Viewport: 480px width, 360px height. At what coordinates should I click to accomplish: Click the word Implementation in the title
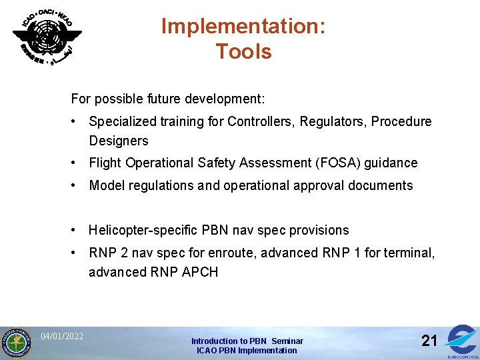click(x=243, y=26)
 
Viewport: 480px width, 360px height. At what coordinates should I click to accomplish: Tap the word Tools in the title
click(x=243, y=51)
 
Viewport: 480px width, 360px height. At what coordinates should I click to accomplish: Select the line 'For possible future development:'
click(x=168, y=99)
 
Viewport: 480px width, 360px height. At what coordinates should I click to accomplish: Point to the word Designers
click(x=119, y=141)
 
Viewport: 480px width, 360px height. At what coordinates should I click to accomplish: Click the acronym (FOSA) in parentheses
click(x=345, y=163)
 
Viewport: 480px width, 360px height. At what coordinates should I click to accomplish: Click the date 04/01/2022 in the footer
click(x=62, y=336)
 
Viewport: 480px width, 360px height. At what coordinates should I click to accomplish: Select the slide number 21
click(x=429, y=341)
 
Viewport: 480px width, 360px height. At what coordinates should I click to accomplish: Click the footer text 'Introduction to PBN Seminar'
click(x=247, y=341)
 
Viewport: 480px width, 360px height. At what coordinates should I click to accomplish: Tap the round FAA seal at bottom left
click(x=15, y=343)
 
